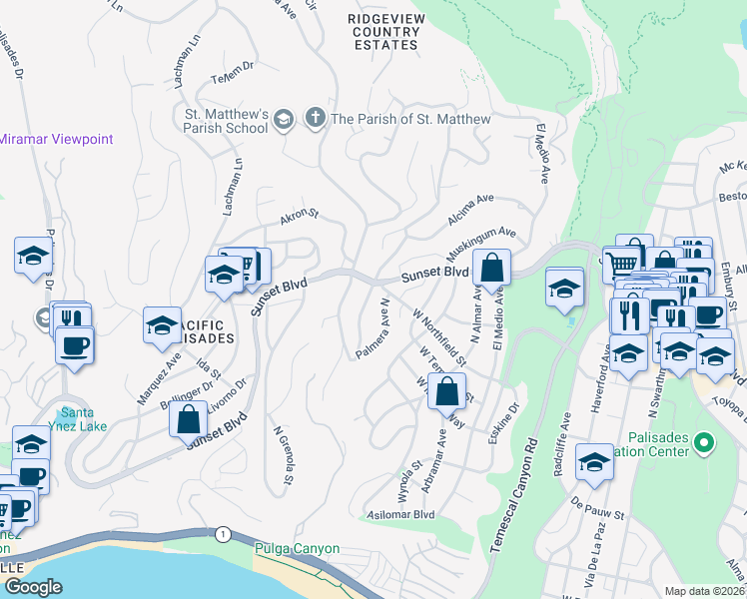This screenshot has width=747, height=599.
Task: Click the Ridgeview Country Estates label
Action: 384,32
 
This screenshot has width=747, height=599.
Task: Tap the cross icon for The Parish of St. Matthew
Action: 315,119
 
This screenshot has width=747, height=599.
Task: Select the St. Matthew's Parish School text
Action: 227,121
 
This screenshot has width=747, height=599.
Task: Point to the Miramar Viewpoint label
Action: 57,140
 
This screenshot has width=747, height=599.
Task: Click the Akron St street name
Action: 299,214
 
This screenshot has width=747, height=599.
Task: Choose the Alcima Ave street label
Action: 471,204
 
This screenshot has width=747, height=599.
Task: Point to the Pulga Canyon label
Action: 298,549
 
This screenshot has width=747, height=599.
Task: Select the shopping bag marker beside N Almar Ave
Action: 491,268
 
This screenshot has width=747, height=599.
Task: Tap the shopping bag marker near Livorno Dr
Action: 188,420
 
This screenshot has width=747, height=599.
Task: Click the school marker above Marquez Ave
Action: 162,325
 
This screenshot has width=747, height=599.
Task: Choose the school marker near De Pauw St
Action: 594,461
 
